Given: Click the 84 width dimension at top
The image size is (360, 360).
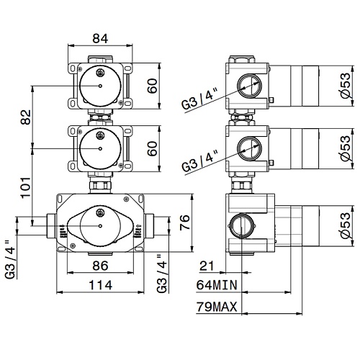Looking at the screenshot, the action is tap(100, 38).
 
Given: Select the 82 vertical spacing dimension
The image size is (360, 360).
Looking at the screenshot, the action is tap(26, 117).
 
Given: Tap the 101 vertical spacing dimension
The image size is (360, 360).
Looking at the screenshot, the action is tap(26, 187).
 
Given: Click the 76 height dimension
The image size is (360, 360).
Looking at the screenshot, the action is tap(185, 222).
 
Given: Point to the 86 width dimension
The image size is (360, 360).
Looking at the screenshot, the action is tap(100, 266).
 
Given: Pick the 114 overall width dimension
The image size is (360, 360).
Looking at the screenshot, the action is tap(101, 285).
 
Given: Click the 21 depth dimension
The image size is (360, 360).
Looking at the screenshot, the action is tap(207, 266).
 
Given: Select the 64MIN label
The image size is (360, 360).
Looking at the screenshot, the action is tap(217, 285).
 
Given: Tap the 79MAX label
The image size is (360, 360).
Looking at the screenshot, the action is tap(217, 307).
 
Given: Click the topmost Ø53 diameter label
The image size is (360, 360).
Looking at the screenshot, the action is tap(346, 85).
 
